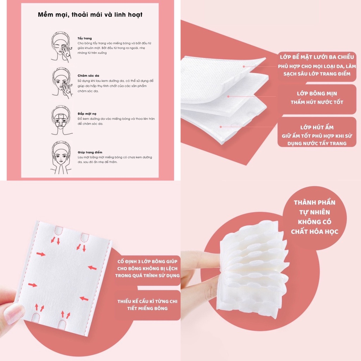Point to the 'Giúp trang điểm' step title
(88, 152)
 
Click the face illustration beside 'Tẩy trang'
(61, 47)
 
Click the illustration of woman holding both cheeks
(61, 158)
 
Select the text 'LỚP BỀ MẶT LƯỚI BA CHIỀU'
(317, 57)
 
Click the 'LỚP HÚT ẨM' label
(317, 127)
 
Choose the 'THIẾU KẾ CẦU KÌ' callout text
(148, 301)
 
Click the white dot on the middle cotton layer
(228, 96)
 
